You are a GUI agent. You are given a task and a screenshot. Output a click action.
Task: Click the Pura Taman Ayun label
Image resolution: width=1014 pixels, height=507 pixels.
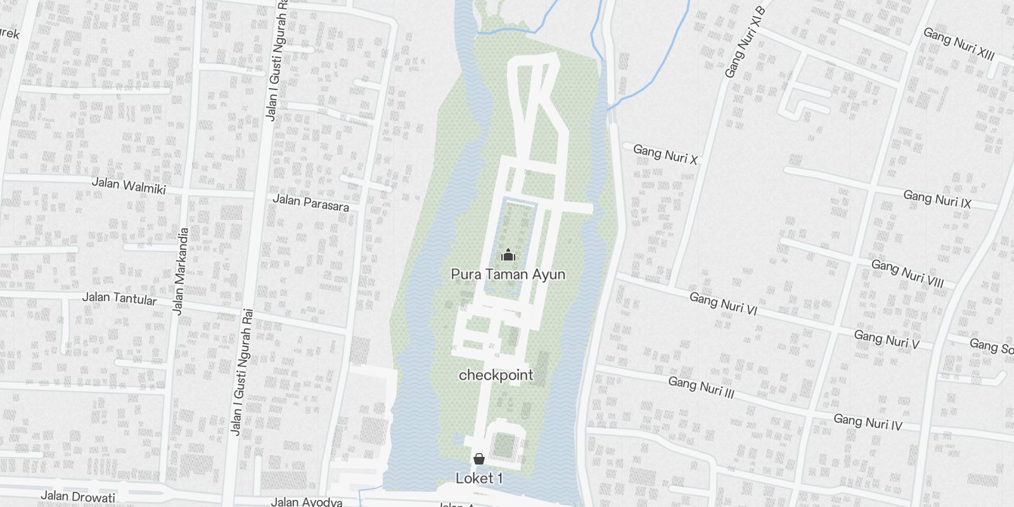[508, 274]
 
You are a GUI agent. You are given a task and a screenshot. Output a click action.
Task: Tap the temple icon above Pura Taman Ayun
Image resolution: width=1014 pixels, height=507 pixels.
[508, 255]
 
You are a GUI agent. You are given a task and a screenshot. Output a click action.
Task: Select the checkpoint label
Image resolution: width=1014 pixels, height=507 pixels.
[496, 375]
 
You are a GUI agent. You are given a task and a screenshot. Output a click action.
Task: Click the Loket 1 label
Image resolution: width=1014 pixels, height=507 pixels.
[479, 478]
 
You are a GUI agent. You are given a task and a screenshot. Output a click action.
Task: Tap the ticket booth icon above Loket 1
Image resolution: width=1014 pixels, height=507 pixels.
[479, 459]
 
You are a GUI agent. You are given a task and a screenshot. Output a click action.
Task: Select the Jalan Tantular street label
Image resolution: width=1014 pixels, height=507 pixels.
[119, 298]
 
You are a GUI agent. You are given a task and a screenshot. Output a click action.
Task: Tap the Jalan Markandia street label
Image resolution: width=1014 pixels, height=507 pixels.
[181, 271]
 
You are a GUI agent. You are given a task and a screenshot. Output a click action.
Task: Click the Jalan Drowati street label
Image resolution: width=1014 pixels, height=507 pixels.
[78, 497]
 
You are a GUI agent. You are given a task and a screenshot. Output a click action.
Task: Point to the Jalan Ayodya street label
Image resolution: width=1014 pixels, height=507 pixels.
[307, 503]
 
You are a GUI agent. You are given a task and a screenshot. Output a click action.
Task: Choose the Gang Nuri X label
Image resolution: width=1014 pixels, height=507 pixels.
[665, 154]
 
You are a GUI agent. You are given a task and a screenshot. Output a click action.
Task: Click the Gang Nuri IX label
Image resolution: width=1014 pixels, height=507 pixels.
[937, 199]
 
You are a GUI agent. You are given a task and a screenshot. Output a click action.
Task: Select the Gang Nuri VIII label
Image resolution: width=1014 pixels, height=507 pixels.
[908, 273]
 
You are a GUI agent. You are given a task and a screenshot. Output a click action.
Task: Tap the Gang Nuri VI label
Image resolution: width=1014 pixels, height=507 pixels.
[723, 303]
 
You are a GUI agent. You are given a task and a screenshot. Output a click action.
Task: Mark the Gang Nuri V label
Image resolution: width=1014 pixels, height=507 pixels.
[886, 339]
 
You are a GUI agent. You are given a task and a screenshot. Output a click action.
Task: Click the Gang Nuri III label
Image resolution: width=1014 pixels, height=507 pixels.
[701, 387]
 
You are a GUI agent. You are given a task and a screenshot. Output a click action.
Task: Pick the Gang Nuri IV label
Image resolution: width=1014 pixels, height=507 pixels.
[868, 421]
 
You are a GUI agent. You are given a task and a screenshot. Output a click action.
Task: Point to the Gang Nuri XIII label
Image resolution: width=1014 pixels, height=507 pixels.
[958, 44]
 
